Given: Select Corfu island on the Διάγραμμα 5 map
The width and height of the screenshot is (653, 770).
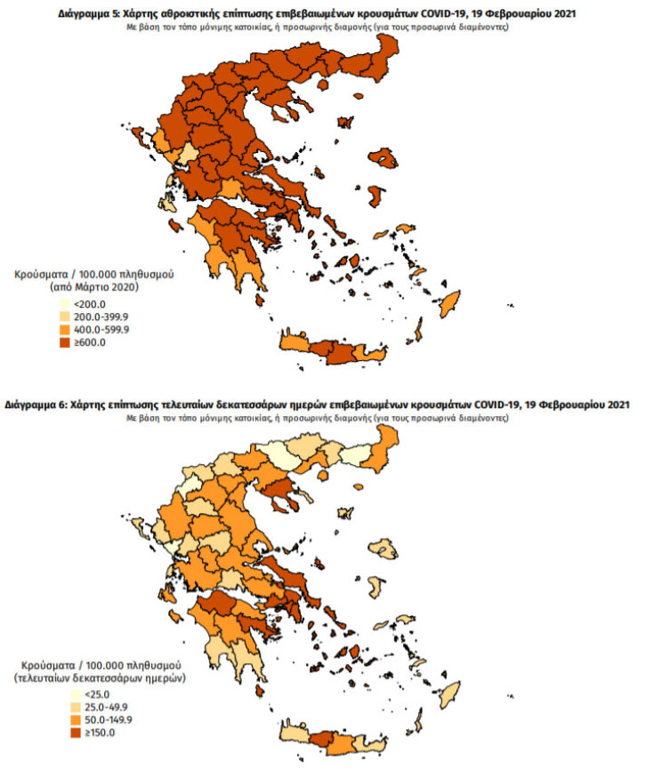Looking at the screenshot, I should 143,140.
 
